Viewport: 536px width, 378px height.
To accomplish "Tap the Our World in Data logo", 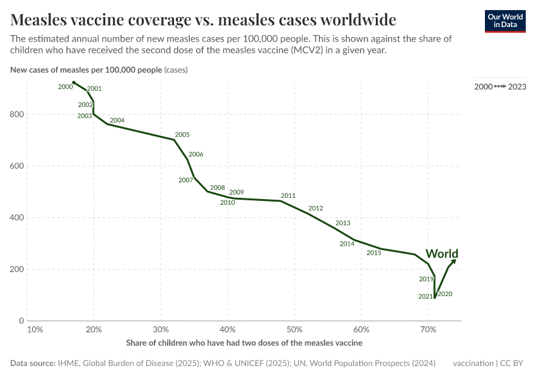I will click(504, 21).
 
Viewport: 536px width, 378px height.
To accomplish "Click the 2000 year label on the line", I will click(65, 87).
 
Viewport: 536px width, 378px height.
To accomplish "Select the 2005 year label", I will click(182, 135).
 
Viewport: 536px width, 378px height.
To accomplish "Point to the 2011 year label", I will click(288, 196).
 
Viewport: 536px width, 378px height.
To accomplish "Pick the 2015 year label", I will click(374, 253).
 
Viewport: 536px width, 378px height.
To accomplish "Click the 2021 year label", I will click(426, 297).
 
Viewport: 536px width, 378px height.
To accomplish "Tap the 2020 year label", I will click(445, 294).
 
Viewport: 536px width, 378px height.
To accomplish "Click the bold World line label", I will click(441, 254).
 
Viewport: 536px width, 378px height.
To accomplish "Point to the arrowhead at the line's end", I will click(455, 260).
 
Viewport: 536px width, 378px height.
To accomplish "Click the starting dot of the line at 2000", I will click(74, 83).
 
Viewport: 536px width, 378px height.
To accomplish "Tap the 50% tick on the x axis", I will click(294, 329).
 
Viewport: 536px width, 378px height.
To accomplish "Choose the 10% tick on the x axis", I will click(35, 329).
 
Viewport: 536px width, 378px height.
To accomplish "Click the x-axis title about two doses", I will click(244, 343).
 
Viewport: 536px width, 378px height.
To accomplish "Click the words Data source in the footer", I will click(32, 364).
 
